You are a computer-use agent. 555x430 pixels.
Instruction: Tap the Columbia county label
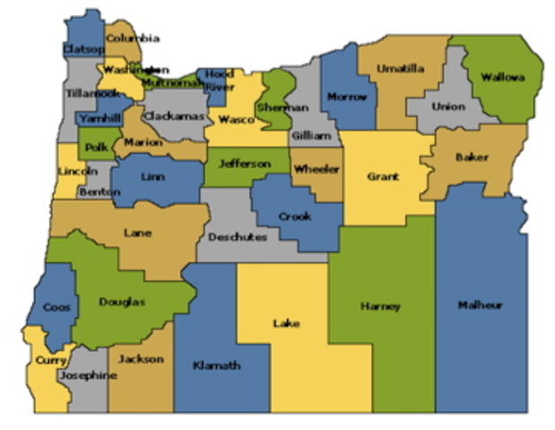coord(133,39)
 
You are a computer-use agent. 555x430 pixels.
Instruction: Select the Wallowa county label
coord(502,78)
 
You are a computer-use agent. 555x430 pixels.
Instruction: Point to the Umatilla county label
coord(400,68)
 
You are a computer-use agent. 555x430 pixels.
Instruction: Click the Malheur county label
coord(480,305)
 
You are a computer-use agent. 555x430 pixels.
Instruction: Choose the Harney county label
coord(380,306)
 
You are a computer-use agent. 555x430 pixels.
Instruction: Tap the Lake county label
coord(286,323)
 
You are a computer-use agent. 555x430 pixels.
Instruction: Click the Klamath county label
coord(216,365)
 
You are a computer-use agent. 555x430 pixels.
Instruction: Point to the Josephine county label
coord(87,376)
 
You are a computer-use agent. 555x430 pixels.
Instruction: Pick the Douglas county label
coord(121,303)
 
